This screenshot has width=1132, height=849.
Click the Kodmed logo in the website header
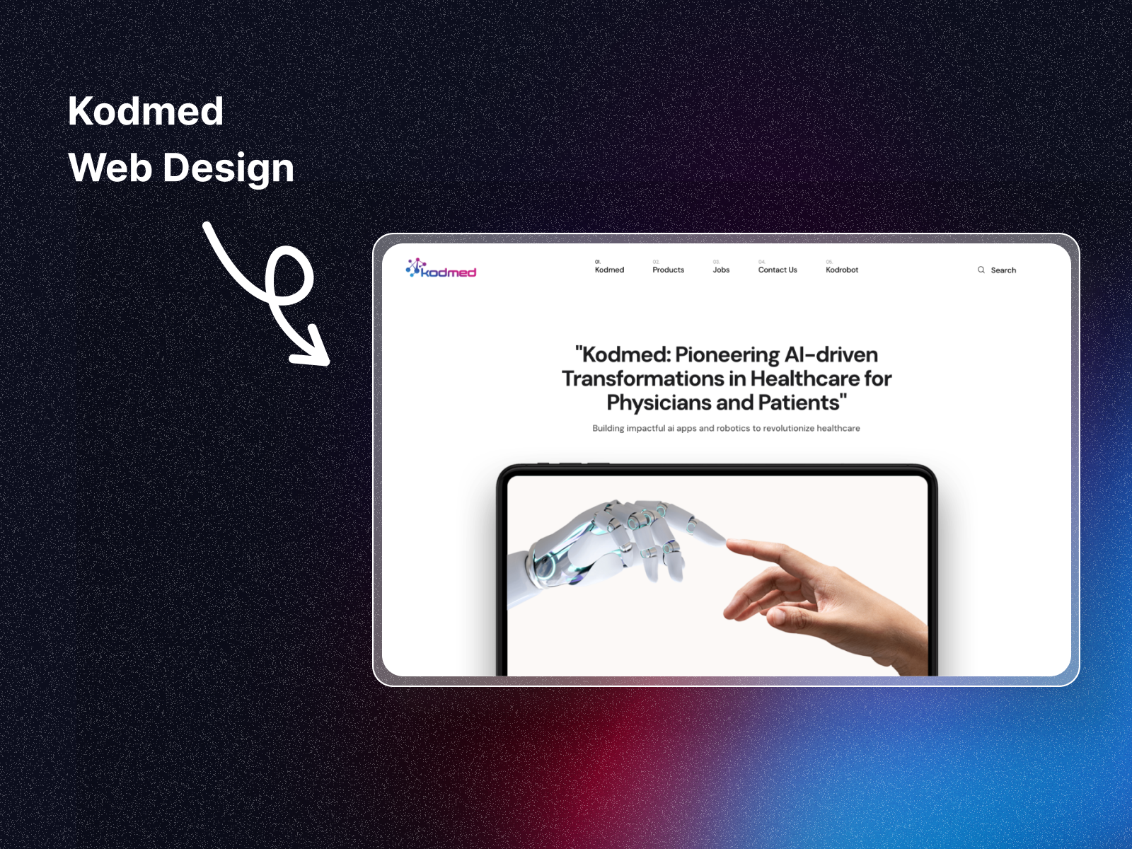point(441,268)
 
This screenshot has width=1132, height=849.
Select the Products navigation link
point(668,270)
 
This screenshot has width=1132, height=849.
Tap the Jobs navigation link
point(721,270)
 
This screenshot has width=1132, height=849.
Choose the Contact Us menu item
point(777,270)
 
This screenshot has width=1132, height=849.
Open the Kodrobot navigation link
point(842,270)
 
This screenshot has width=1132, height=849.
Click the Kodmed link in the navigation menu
point(609,270)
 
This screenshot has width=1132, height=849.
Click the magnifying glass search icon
point(981,270)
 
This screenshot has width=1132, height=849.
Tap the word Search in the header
point(1003,270)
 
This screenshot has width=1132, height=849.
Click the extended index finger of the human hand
point(753,550)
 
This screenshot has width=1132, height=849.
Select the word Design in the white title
point(229,168)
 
